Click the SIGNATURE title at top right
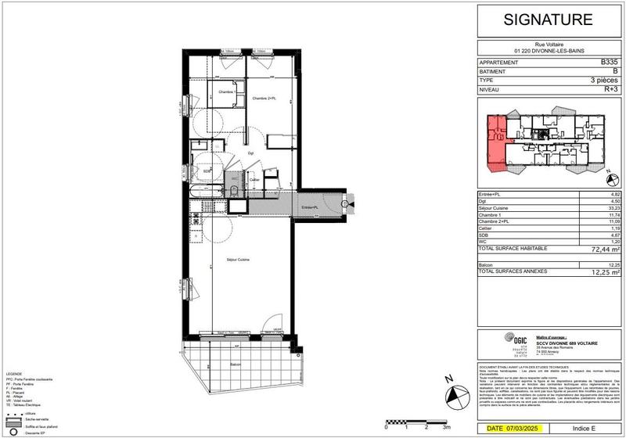[548, 21]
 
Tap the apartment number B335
[608, 61]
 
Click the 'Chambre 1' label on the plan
[205, 92]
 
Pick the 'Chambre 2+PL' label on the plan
[264, 98]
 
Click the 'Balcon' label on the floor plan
[236, 364]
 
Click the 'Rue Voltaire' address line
[548, 45]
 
